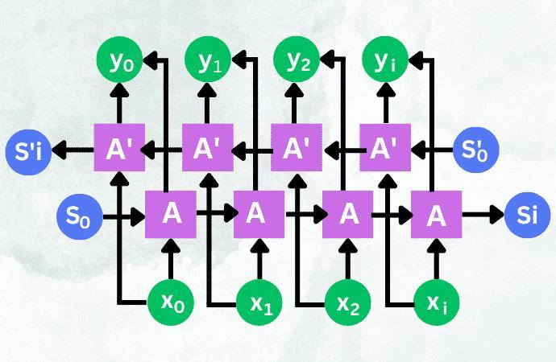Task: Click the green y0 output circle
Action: click(x=120, y=58)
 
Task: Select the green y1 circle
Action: click(x=209, y=58)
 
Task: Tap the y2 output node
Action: click(x=297, y=58)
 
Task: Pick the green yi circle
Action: click(x=385, y=58)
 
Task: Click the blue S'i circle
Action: click(x=28, y=149)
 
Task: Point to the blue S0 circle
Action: click(x=79, y=215)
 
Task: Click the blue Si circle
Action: click(x=527, y=215)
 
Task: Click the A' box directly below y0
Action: click(x=120, y=149)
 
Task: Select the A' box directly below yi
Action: click(x=385, y=149)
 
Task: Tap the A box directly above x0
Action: click(x=171, y=215)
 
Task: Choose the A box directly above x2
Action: click(x=348, y=215)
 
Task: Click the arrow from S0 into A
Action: click(x=122, y=215)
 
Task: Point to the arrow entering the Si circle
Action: click(x=483, y=215)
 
